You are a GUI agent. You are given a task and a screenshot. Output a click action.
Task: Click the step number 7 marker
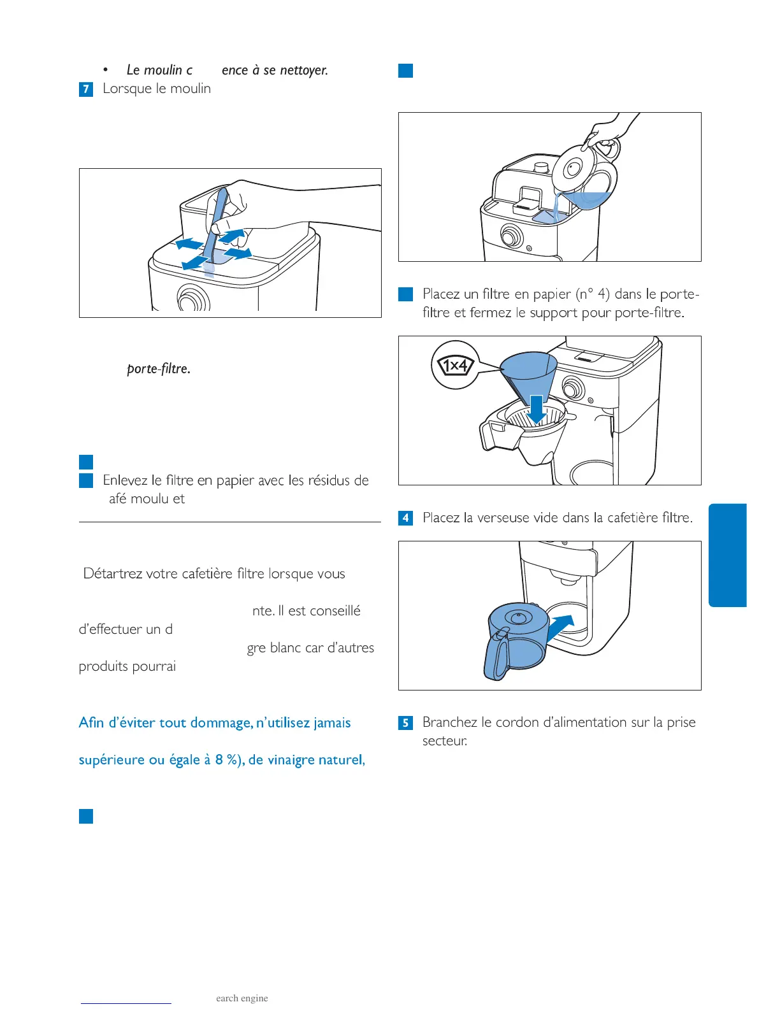pyautogui.click(x=86, y=89)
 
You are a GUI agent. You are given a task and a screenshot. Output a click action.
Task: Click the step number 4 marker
pyautogui.click(x=405, y=518)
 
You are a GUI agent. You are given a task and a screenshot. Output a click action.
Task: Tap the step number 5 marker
pyautogui.click(x=405, y=723)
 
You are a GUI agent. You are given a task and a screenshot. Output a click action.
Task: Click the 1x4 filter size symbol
pyautogui.click(x=454, y=366)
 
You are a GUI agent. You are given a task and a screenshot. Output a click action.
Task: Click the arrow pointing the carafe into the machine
pyautogui.click(x=561, y=626)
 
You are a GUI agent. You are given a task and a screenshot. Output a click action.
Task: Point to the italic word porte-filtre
pyautogui.click(x=158, y=369)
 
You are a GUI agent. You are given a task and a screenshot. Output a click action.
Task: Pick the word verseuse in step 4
pyautogui.click(x=503, y=517)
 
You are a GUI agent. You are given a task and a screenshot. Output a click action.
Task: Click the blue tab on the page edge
pyautogui.click(x=727, y=555)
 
